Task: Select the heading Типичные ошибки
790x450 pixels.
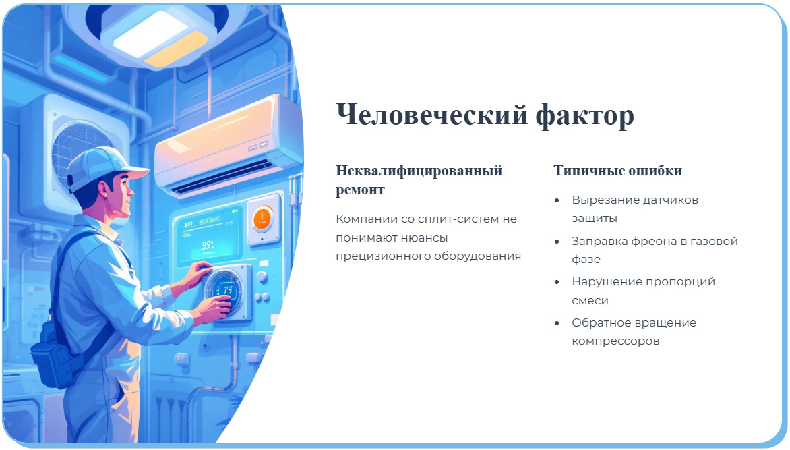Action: coord(617,171)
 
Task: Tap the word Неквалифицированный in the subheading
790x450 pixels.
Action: coord(419,171)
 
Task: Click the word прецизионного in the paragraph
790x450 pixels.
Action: coord(377,256)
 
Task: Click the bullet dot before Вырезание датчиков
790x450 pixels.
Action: coord(557,201)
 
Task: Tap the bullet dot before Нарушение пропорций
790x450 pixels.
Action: coord(557,282)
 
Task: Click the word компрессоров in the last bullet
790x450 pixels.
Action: coord(615,341)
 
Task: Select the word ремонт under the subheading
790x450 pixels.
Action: coord(360,190)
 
